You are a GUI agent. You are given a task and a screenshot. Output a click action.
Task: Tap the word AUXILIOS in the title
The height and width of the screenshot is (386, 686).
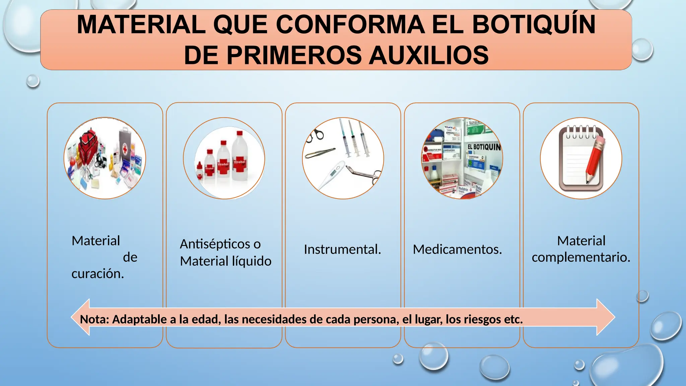click(428, 55)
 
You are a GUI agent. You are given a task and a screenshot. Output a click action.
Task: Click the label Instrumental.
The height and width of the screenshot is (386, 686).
click(342, 250)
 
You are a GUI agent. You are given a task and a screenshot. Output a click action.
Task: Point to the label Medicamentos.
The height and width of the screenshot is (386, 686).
click(457, 250)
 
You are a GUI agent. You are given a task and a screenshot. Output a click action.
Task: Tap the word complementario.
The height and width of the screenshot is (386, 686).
click(581, 257)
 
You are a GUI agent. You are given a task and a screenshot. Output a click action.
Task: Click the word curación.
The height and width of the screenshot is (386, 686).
click(97, 274)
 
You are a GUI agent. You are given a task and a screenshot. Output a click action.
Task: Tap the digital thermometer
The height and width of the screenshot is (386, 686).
click(332, 174)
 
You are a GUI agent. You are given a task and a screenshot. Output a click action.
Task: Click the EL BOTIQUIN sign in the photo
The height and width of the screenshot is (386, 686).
click(484, 147)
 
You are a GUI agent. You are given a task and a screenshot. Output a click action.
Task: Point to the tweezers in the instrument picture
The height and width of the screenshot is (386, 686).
click(320, 153)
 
